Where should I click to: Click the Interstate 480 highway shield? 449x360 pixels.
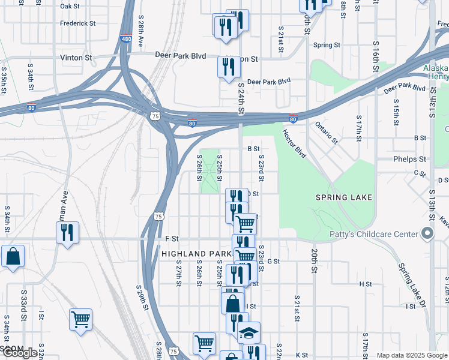pos(126,37)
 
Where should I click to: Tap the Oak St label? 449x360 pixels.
pos(70,6)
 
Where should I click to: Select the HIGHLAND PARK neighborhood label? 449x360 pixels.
pos(193,254)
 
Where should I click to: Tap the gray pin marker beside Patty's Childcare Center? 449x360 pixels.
pos(427,233)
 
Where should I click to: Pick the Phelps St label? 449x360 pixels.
pos(409,160)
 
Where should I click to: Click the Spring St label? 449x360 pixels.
pos(327,45)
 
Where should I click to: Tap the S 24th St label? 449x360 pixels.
pos(241,100)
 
